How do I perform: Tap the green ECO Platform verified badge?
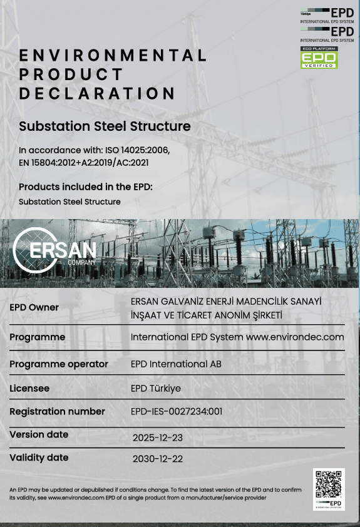[319, 58]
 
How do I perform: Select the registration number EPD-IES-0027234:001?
[177, 411]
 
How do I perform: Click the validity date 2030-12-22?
[158, 459]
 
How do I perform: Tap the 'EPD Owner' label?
[34, 307]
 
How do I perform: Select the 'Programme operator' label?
[59, 364]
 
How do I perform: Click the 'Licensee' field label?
[29, 388]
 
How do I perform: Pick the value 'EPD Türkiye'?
[156, 388]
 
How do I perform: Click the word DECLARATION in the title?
[97, 94]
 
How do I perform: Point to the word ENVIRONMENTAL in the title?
[113, 56]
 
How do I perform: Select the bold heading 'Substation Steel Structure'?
[105, 126]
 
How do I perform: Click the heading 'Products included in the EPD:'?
[86, 187]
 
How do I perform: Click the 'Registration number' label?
[58, 411]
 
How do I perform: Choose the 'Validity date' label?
[39, 458]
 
